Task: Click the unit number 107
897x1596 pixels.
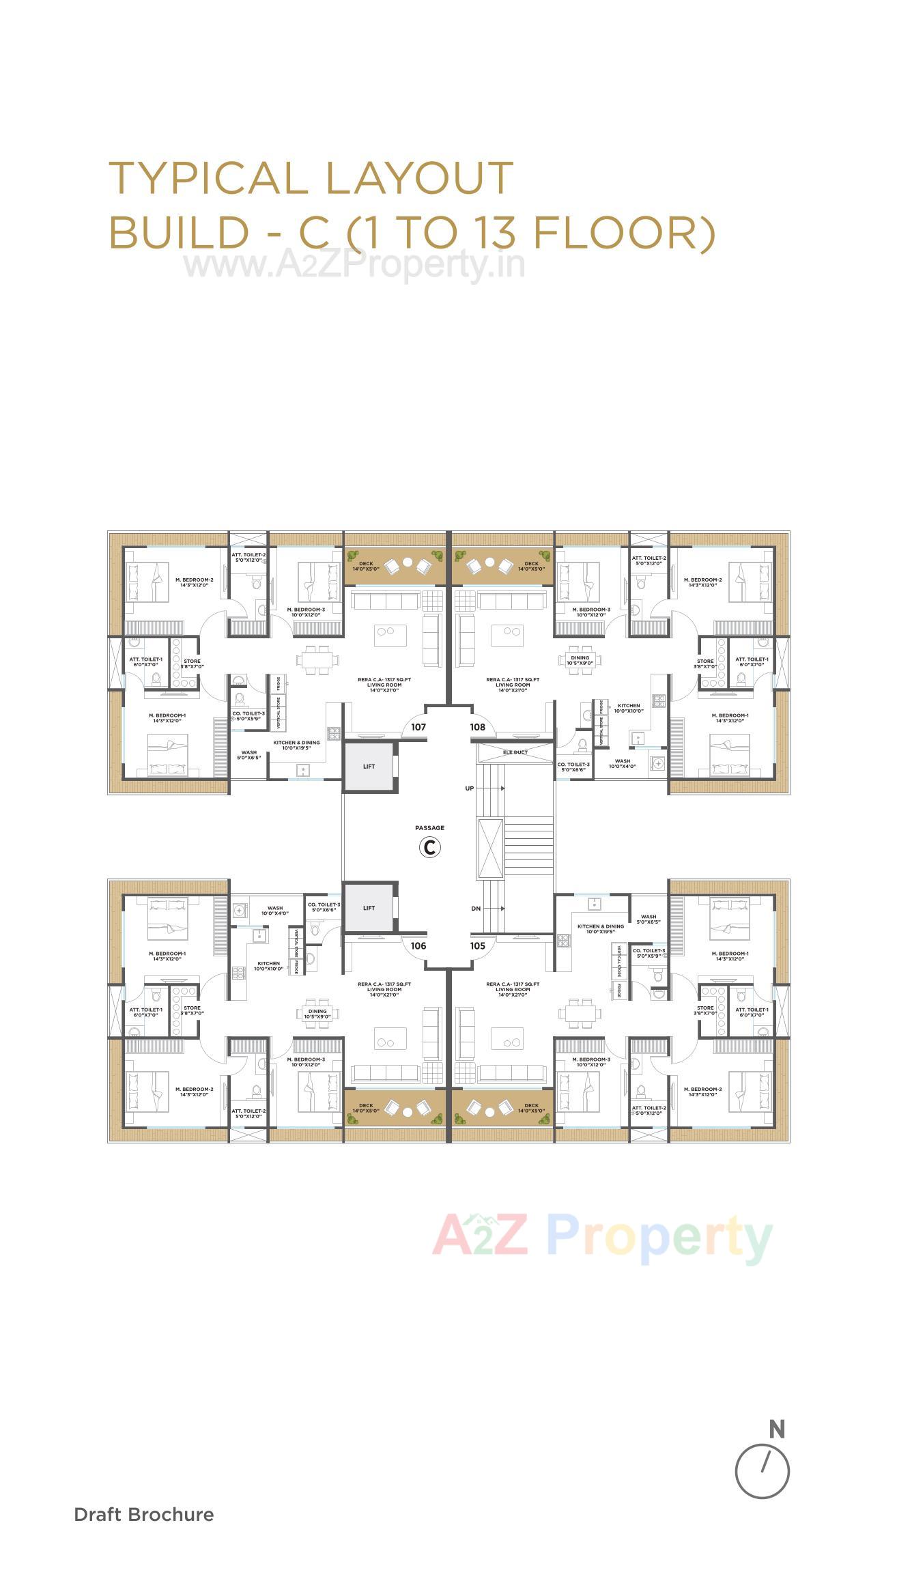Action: [418, 727]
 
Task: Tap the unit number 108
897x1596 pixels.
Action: [478, 727]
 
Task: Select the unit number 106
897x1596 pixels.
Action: [418, 945]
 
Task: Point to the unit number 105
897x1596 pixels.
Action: [478, 945]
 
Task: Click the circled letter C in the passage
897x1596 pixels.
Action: [430, 847]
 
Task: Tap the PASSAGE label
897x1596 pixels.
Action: [430, 828]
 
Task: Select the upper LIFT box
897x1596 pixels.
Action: [369, 767]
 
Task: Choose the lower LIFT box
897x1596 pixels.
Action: [369, 908]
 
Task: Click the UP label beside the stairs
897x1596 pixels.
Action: [470, 788]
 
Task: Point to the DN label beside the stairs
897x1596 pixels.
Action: [476, 909]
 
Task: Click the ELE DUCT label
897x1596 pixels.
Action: [515, 752]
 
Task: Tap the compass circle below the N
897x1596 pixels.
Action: [763, 1471]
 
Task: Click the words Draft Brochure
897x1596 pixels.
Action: [144, 1515]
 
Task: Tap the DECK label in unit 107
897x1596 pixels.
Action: [366, 564]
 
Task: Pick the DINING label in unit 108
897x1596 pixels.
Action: [580, 658]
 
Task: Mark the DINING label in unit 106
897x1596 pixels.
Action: [317, 1012]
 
